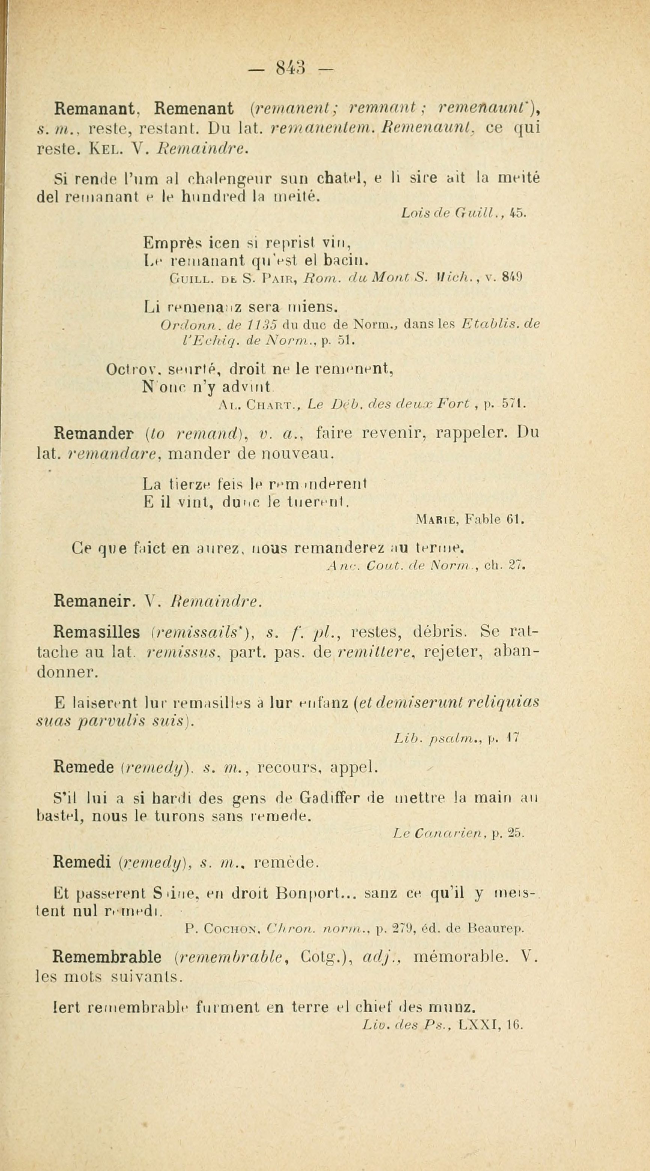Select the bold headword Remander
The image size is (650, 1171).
[93, 434]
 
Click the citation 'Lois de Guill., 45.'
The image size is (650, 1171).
[463, 212]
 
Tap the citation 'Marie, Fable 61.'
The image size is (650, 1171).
[470, 519]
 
